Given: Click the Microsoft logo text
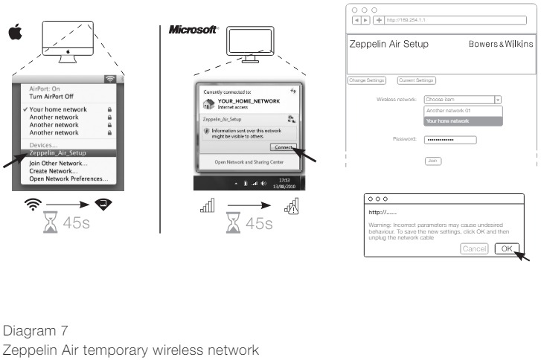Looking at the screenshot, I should click(x=193, y=30).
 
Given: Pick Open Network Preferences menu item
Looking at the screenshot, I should click(x=68, y=179).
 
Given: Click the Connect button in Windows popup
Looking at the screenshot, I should click(x=283, y=147).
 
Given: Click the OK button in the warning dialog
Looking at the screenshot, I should click(x=506, y=248).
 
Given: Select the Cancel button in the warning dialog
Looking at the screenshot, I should click(x=474, y=248).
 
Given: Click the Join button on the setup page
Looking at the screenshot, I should click(x=432, y=160).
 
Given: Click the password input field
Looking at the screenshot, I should click(x=449, y=139).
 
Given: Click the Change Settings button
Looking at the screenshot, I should click(x=367, y=79).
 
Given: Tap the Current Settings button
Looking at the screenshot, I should click(x=416, y=79).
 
